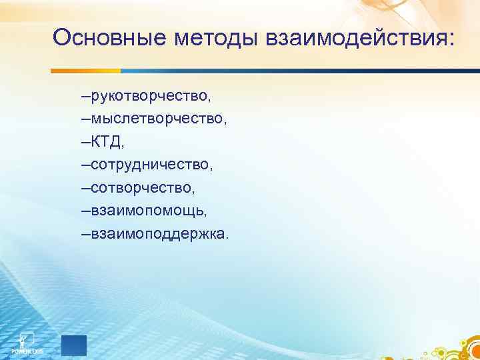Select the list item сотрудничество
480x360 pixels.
pos(153,165)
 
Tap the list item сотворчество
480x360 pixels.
pos(143,189)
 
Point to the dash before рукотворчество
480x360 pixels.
pos(83,97)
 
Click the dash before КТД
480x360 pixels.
pos(83,143)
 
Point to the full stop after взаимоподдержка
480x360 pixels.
pos(227,239)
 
